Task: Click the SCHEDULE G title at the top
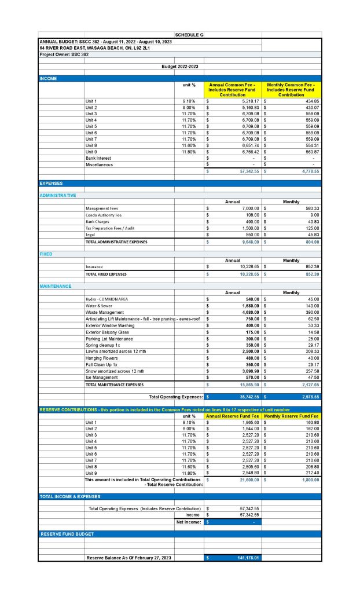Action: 189,35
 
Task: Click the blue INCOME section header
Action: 48,78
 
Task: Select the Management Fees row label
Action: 103,208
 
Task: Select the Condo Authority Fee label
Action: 104,215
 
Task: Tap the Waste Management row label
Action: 104,312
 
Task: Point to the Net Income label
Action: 189,522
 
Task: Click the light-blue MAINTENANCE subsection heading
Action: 56,286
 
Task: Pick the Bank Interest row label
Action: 98,158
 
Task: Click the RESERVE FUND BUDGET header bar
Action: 67,533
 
